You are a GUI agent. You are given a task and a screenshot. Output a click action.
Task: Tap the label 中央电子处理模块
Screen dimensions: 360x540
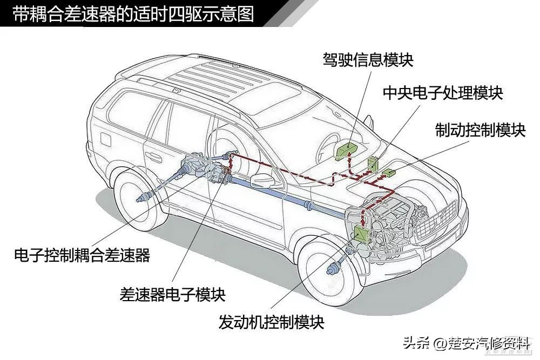(x=442, y=93)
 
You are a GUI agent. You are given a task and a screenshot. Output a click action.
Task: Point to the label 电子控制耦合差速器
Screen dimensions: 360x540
(x=82, y=255)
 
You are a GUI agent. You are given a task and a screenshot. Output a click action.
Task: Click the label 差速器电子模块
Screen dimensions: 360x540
(x=172, y=294)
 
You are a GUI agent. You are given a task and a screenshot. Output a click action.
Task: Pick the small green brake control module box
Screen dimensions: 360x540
(x=389, y=173)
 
